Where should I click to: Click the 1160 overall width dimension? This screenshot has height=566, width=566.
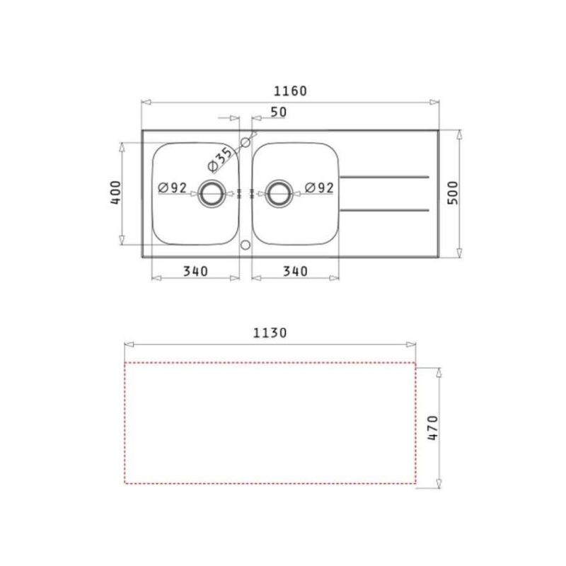pos(290,91)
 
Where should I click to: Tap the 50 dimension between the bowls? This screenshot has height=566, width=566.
pos(278,112)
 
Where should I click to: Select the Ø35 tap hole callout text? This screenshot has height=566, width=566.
pos(220,159)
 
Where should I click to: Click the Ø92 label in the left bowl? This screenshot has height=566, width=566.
pos(173,187)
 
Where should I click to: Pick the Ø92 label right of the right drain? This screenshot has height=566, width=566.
pos(319,187)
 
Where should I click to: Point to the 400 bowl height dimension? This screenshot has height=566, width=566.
pos(116,192)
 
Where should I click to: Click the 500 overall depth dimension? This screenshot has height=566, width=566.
pos(452,193)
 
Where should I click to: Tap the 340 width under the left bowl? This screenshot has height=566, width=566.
pos(195,271)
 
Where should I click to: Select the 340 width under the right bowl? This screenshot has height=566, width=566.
pos(295,271)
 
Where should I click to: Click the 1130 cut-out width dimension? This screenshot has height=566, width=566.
pos(270,333)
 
